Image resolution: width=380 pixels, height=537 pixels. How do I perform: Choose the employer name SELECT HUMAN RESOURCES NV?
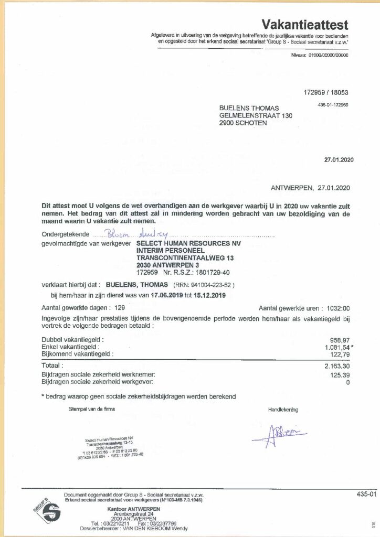[185, 243]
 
